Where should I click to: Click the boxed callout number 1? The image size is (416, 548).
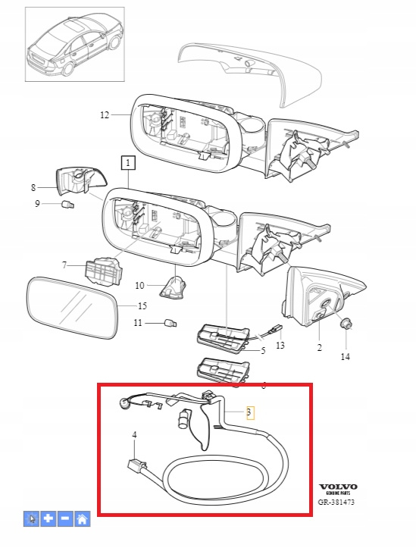pos(128,163)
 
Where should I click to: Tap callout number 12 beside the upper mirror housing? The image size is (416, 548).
pos(105,115)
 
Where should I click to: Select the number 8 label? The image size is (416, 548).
pos(33,188)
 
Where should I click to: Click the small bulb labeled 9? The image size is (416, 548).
pos(67,205)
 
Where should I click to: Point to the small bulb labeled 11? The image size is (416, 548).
pos(170,323)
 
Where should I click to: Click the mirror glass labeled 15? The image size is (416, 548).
pos(71,308)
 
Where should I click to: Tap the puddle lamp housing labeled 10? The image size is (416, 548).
pos(173,288)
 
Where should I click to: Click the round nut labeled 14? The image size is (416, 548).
pos(346,324)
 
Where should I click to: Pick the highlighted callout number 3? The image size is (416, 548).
pos(249,412)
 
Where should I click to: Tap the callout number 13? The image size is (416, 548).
pos(280,346)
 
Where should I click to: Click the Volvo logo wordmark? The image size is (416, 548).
pos(338,487)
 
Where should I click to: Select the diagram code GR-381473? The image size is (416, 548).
pos(336,502)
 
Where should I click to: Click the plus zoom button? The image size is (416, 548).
pos(48,518)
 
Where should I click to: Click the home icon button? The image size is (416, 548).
pos(82,518)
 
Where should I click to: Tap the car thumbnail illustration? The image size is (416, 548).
pos(75,45)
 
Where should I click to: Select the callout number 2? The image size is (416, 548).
pos(319,348)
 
